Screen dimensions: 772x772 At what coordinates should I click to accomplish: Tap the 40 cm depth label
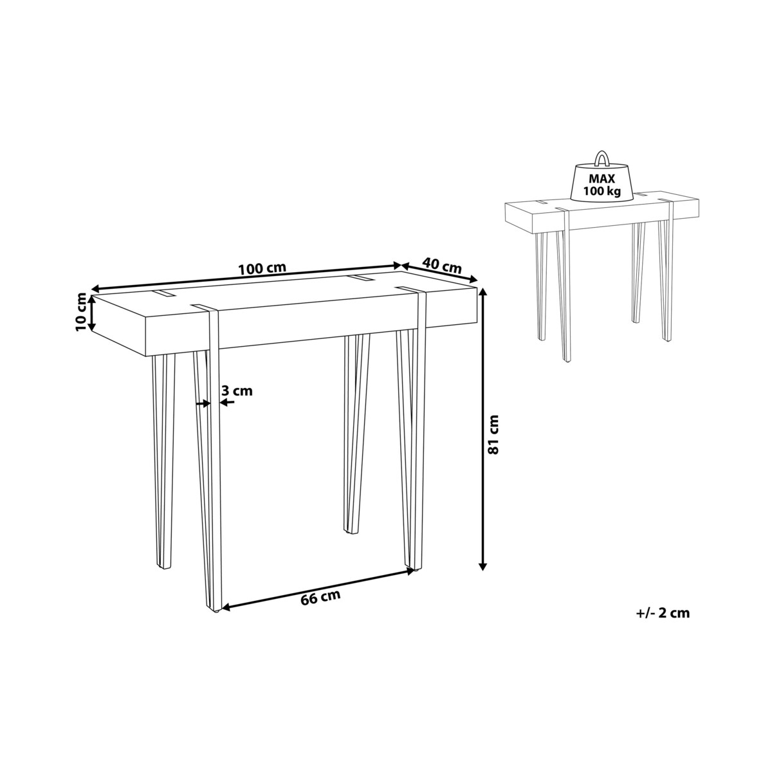442,265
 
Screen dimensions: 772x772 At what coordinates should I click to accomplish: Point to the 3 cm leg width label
237,391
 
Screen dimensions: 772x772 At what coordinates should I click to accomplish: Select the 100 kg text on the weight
602,191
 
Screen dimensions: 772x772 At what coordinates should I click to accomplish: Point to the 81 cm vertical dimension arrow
483,428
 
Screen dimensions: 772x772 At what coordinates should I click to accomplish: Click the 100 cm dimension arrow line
247,276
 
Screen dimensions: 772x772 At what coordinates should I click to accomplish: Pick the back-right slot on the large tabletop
360,278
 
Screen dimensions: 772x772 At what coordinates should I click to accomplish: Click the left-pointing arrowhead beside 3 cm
226,403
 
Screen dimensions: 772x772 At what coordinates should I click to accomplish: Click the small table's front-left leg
566,286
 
